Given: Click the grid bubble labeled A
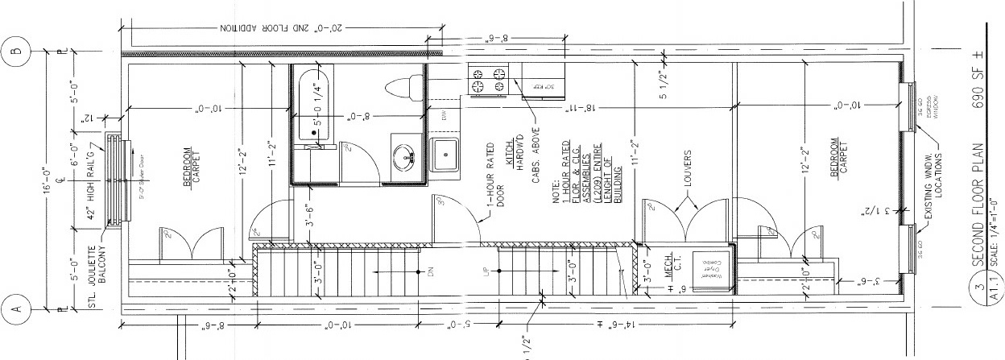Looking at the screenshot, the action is coord(16,308).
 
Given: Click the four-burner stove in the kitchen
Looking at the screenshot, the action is coord(489,79).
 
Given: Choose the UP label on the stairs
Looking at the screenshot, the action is coord(486,272).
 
